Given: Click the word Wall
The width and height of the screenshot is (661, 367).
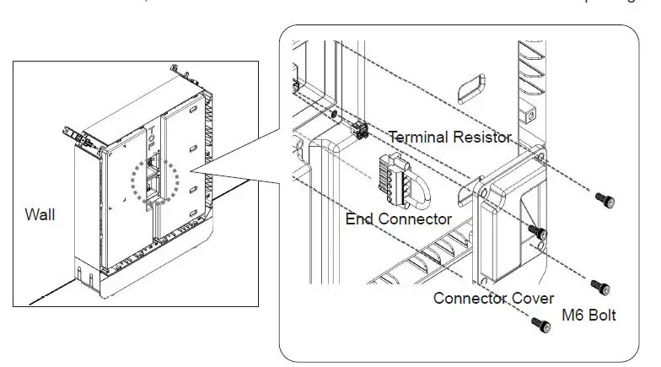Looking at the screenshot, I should (x=40, y=215).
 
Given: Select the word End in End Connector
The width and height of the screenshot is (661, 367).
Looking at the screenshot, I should (x=360, y=219).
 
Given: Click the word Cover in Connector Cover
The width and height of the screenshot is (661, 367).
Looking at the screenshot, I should (x=532, y=298).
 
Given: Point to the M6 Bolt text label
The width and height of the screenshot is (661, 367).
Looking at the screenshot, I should (x=588, y=316).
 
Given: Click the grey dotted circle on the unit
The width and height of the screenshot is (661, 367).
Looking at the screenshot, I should (x=150, y=181).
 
